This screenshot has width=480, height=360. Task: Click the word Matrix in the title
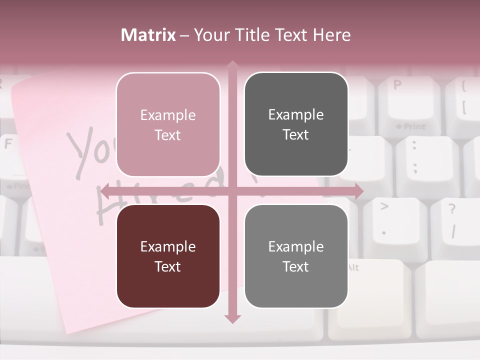click(148, 35)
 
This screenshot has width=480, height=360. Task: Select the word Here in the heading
click(332, 35)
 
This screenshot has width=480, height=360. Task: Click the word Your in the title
click(212, 35)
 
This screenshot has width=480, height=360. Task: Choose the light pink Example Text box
click(168, 124)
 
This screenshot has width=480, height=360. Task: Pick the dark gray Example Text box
click(296, 124)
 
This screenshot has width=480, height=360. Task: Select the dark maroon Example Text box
click(168, 256)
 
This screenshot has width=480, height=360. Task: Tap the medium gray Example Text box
click(296, 256)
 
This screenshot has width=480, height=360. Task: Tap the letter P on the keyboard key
click(397, 85)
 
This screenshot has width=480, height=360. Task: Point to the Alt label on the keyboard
click(352, 267)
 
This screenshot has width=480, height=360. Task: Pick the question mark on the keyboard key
click(452, 209)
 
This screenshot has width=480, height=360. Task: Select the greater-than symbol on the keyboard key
click(384, 205)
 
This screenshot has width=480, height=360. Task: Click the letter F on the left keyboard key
click(8, 144)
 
